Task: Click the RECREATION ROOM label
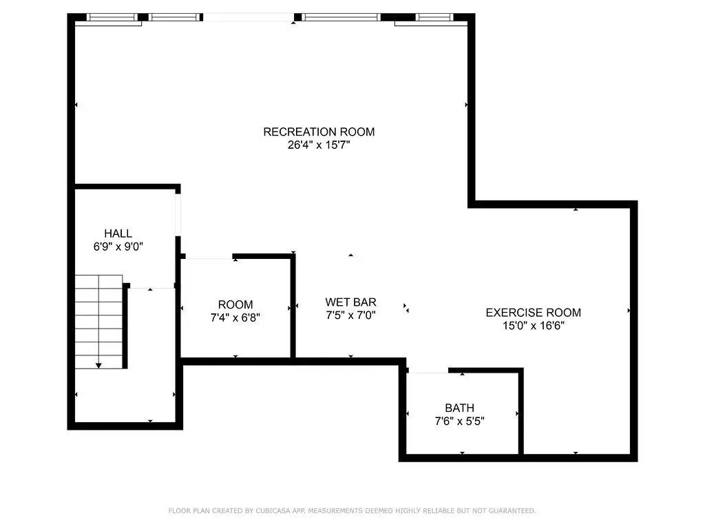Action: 319,132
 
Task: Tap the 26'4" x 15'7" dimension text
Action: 319,145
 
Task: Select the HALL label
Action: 118,234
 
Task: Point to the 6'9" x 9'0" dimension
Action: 118,247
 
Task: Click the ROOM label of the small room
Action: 235,304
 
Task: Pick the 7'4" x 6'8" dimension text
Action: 235,318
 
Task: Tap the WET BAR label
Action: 350,302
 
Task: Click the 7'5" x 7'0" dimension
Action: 350,315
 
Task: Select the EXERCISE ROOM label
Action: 534,313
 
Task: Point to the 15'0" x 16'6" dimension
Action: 534,326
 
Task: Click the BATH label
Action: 459,408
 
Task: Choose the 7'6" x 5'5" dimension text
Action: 459,421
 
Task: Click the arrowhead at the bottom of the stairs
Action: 98,366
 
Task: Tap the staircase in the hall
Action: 98,322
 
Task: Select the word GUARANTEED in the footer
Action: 512,510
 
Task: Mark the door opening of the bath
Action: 428,371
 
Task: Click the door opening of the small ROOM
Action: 209,257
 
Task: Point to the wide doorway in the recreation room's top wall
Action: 249,17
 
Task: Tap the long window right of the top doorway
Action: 341,17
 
